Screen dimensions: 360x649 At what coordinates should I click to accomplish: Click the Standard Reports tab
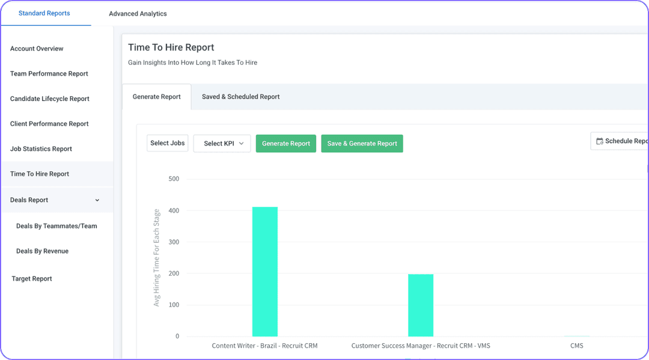point(44,13)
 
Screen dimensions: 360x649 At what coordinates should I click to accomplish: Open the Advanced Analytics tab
point(138,14)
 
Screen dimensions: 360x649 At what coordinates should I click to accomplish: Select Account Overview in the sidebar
point(37,49)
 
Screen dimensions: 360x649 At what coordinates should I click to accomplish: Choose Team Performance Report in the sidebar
point(49,74)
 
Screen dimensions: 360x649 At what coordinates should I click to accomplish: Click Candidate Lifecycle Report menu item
point(50,99)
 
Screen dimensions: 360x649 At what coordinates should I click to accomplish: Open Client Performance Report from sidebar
point(49,124)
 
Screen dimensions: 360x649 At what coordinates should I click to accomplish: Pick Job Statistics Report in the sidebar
point(41,149)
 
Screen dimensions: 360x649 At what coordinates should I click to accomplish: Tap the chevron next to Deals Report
point(97,200)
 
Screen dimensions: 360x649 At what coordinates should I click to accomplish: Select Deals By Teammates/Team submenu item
point(56,226)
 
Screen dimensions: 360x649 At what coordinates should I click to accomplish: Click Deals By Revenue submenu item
point(42,251)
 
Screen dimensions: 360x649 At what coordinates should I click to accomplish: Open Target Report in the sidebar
point(32,279)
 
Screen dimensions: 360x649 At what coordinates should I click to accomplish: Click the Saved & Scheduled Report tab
point(240,97)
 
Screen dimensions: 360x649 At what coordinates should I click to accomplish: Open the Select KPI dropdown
point(222,144)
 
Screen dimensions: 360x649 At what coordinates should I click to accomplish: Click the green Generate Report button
point(286,144)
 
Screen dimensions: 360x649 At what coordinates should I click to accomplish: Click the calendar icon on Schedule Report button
point(599,141)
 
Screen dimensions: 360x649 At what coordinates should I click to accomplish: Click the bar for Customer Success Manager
point(421,305)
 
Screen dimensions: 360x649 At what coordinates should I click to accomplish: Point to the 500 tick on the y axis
point(174,179)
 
